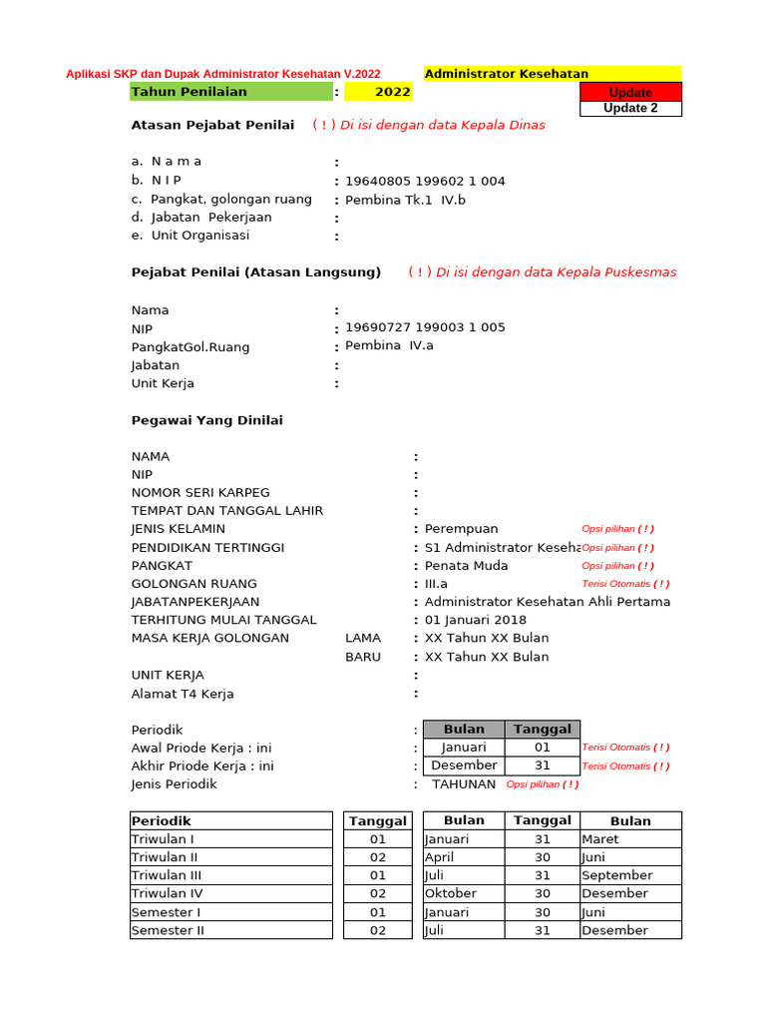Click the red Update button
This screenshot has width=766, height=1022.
(630, 92)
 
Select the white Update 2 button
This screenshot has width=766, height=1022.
(630, 109)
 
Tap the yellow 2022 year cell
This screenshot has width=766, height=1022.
(378, 92)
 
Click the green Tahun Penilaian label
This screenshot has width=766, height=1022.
(231, 92)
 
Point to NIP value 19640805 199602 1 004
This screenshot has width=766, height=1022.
(425, 181)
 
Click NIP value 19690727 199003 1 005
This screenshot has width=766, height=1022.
(425, 327)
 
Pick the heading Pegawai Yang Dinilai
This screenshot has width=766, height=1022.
(207, 420)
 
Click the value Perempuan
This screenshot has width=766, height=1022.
(461, 529)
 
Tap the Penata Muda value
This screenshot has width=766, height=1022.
(466, 566)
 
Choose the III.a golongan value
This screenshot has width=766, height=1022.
(437, 584)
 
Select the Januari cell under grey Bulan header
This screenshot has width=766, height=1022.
(464, 748)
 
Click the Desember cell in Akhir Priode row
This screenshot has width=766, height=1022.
(464, 766)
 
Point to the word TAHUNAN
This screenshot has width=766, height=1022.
(464, 784)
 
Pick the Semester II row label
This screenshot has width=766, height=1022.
(168, 930)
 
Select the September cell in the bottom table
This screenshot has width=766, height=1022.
(615, 875)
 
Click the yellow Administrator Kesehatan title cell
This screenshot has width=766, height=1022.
(553, 74)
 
